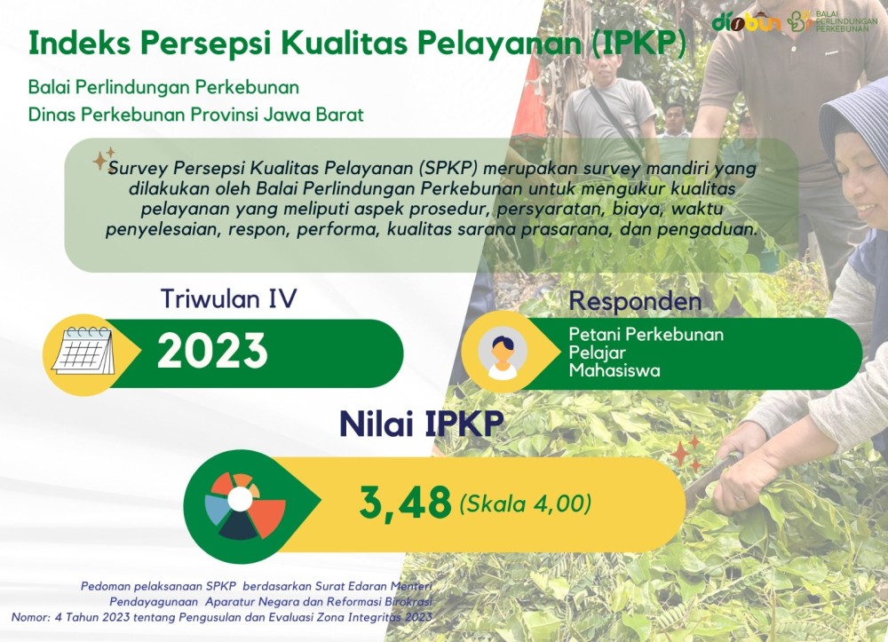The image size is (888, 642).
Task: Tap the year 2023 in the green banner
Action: [212, 352]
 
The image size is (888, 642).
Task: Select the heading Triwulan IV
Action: [229, 298]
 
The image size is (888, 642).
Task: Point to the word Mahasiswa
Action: [614, 371]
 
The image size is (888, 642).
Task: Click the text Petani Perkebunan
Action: [646, 335]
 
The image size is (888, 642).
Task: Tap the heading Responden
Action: [635, 301]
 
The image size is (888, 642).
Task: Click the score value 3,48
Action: [406, 503]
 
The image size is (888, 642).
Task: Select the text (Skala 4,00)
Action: [526, 503]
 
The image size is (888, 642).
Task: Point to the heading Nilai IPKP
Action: [421, 424]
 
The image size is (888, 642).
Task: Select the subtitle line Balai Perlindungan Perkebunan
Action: [163, 88]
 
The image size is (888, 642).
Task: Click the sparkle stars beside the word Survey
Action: [104, 159]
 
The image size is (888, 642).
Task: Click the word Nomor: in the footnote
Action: [30, 617]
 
